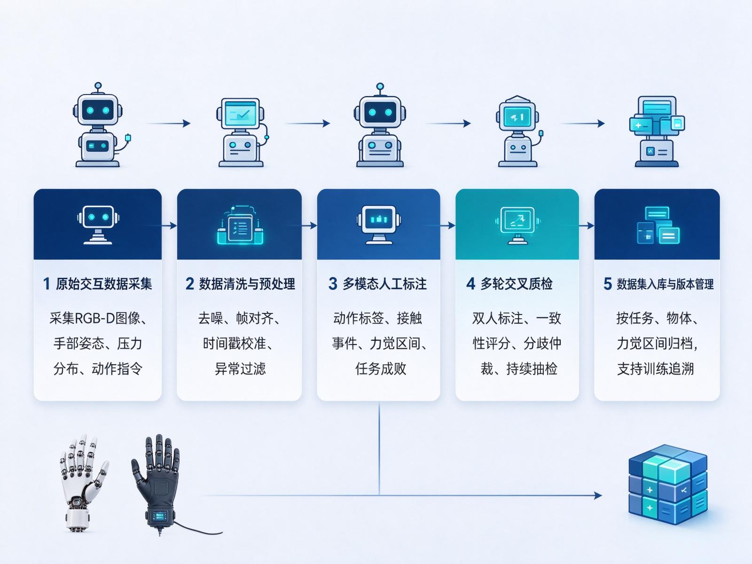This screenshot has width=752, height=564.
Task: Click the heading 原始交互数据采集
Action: [103, 284]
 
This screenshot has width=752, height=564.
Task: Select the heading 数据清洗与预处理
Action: [247, 284]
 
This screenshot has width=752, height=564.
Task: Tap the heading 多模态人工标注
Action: [385, 284]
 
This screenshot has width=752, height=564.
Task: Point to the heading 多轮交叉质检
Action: [516, 284]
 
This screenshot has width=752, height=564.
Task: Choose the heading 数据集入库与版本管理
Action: [665, 284]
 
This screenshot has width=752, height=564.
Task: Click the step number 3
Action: [333, 284]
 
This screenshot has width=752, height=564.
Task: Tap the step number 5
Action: [607, 284]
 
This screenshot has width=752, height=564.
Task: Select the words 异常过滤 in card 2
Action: [240, 369]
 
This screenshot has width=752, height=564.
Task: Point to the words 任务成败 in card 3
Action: [381, 369]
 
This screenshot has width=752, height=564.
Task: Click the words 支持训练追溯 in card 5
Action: [655, 369]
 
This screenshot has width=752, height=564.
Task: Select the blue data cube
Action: [668, 485]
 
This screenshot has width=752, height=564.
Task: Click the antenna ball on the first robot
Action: [98, 85]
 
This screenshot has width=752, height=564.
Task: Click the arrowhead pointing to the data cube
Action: [598, 495]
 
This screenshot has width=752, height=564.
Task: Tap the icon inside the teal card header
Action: [517, 225]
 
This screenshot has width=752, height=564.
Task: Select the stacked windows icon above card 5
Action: [657, 131]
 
